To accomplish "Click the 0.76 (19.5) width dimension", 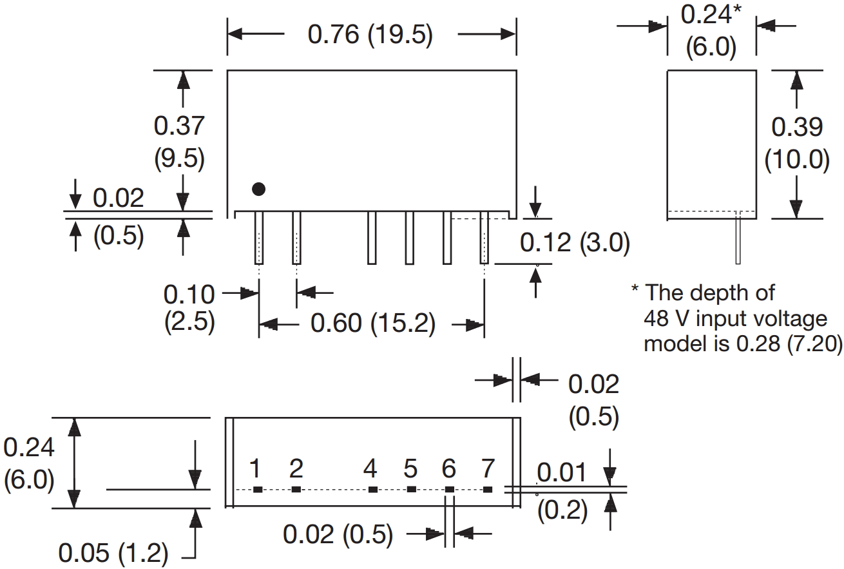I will (x=370, y=35).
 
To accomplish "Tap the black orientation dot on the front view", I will (x=258, y=189).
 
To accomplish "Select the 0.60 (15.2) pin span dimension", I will (x=372, y=323).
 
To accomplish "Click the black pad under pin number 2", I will (x=296, y=490).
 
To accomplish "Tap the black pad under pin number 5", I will (x=411, y=490).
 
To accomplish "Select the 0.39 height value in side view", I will (x=797, y=128).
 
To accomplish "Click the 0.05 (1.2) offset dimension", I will (x=113, y=553).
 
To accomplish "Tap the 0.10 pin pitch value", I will (x=189, y=294).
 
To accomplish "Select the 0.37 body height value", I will (x=178, y=126).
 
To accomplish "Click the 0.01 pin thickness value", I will (x=562, y=473).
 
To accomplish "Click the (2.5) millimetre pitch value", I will (x=189, y=321).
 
